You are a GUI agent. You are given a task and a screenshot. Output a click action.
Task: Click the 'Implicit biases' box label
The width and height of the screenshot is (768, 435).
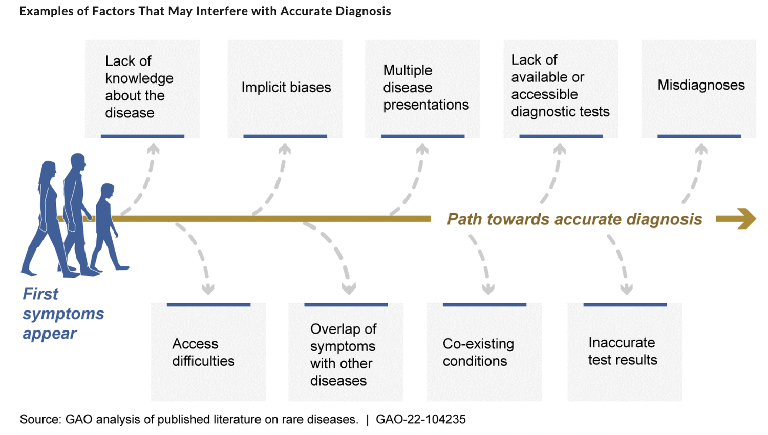[286, 87]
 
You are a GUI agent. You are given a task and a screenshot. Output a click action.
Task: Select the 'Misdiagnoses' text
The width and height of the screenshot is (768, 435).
[701, 85]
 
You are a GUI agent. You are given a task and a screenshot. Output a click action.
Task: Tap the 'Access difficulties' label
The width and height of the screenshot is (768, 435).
[203, 353]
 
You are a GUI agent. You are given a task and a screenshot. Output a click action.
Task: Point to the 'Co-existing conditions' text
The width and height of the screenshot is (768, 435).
[478, 353]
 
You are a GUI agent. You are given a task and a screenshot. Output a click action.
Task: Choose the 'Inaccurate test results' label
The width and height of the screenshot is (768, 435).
[622, 351]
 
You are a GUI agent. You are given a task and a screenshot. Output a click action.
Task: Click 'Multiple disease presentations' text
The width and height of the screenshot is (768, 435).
[425, 88]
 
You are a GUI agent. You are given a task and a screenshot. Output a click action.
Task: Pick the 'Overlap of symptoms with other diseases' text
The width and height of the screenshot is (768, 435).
[343, 355]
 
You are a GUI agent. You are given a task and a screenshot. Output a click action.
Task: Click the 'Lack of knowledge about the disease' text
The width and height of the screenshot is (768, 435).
[139, 87]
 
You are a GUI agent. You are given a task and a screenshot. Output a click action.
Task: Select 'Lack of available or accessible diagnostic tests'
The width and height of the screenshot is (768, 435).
[560, 86]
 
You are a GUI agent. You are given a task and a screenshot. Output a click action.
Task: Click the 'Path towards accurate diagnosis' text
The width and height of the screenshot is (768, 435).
[574, 219]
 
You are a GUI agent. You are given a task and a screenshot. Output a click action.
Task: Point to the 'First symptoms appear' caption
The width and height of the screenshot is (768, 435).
[62, 314]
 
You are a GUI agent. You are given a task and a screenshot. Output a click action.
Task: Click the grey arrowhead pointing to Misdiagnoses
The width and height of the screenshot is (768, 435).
[701, 149]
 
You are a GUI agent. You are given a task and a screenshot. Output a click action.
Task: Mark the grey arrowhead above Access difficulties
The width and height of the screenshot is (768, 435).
[208, 289]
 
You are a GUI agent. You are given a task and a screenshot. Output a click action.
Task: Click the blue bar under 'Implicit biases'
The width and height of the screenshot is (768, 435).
[285, 136]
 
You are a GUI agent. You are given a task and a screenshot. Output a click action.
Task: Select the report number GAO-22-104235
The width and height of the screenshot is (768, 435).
[420, 420]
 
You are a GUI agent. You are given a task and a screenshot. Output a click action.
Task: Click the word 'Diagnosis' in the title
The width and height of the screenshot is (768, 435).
[363, 11]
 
